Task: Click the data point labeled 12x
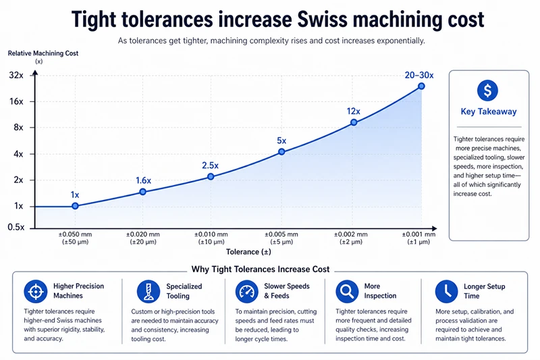point(353,123)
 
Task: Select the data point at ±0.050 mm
point(75,206)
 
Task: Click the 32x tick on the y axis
point(16,76)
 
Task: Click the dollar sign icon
point(487,91)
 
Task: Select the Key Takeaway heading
point(488,112)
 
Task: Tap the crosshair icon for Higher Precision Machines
point(33,291)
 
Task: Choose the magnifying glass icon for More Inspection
point(345,291)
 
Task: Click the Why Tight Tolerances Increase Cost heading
point(261,269)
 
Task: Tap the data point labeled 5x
point(281,152)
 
